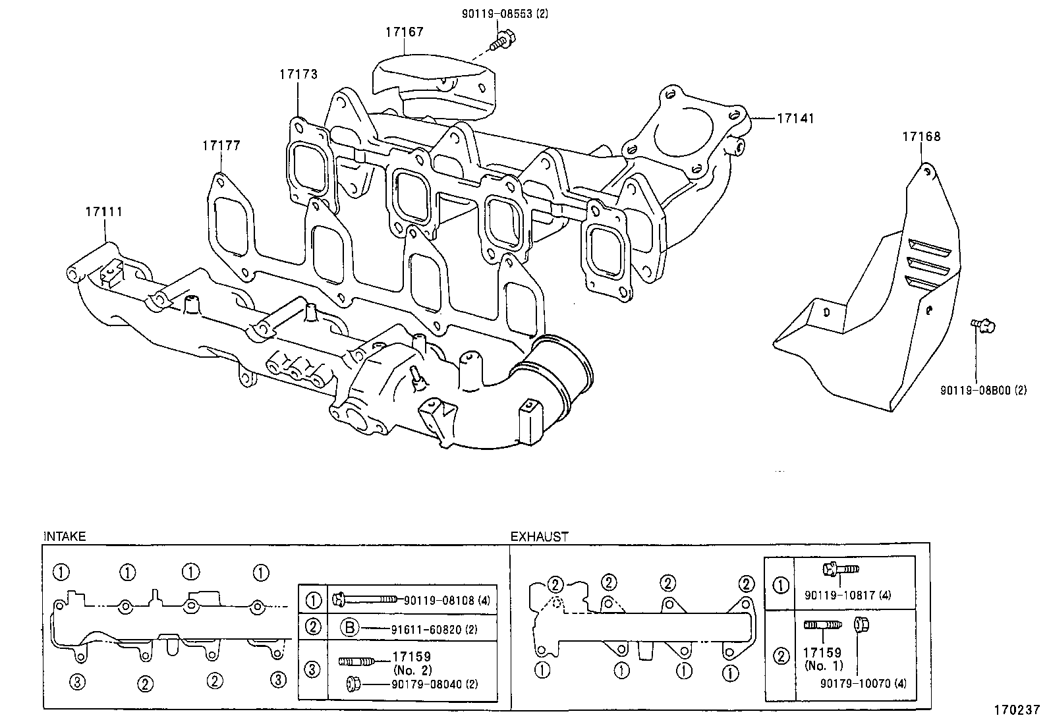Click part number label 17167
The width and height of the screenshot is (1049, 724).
coord(404,32)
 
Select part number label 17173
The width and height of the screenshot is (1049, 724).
coord(298,74)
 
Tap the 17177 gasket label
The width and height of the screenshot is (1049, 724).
coord(221,146)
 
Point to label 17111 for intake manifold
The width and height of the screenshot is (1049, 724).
coord(103,212)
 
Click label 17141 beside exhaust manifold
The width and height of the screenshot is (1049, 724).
coord(795,119)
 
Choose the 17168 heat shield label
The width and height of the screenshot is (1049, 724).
coord(921,137)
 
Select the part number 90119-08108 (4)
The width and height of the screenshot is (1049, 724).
coord(447,600)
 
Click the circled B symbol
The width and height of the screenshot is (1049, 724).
coord(349,628)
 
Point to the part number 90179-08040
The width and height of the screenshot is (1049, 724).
coord(434,684)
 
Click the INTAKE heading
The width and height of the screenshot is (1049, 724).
coord(65,537)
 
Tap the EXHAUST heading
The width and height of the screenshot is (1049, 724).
coord(539,537)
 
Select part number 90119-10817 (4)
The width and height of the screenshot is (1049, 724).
coord(847,595)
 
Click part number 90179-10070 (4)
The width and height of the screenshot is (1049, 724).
coord(863,684)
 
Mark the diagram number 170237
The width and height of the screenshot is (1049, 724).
coord(1017,711)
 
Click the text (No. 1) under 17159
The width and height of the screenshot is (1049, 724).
coord(822,665)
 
